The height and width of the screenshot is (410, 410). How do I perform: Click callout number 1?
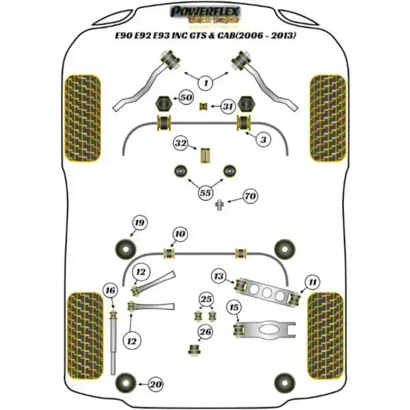coord(205,83)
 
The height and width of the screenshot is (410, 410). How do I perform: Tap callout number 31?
coord(228,107)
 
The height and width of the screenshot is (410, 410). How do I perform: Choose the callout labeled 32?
coord(180,144)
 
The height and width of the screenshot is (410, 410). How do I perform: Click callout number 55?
coord(204,193)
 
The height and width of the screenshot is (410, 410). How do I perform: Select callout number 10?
coord(179,234)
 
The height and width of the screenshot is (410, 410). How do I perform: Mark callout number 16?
coord(110,291)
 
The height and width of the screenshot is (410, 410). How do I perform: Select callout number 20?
coord(156,385)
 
